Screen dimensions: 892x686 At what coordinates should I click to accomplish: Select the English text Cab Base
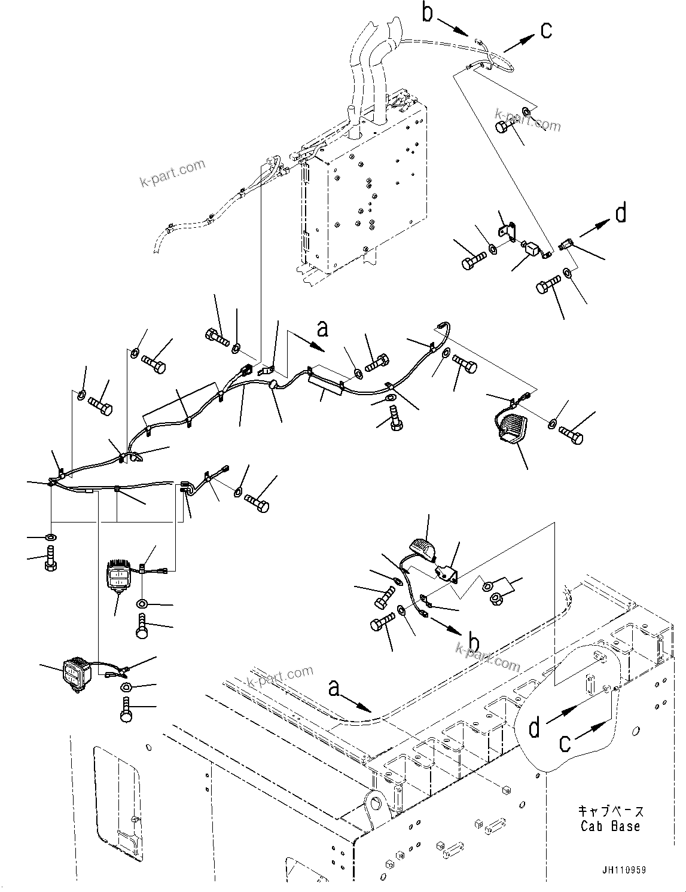(x=610, y=826)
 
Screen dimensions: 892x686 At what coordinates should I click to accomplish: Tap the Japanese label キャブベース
(x=611, y=811)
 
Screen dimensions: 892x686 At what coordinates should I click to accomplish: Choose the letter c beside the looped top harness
(x=545, y=30)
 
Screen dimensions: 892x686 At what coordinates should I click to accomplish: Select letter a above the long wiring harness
(x=322, y=328)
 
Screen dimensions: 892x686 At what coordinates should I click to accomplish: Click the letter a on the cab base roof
(x=335, y=689)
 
